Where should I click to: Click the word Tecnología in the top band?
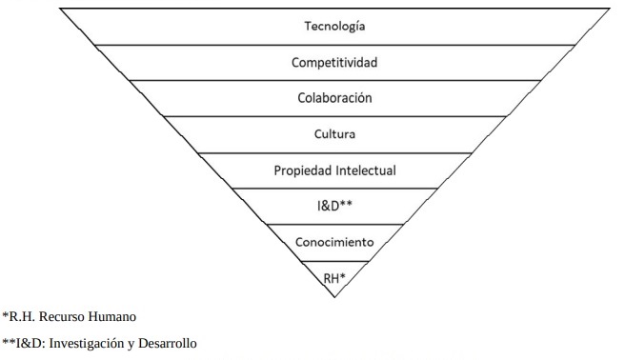(333, 26)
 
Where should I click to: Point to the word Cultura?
(333, 134)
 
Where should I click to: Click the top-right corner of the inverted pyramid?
(610, 10)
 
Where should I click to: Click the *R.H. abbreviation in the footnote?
(20, 314)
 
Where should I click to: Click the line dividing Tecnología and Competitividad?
(333, 45)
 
